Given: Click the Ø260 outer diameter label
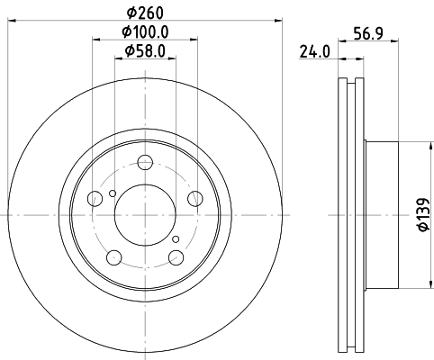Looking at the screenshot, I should tap(145, 13).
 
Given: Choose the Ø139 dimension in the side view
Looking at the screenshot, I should tap(420, 215).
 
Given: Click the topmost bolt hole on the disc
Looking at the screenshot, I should tap(145, 164).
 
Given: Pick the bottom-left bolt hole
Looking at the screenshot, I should tap(114, 256).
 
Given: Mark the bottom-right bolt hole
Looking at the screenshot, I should tap(175, 256).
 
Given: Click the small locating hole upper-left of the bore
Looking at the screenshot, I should tap(112, 192).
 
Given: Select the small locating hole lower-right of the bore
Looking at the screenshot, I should tap(178, 238).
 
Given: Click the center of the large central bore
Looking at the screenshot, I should tap(145, 215).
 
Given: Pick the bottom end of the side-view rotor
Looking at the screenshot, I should tap(349, 346).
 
